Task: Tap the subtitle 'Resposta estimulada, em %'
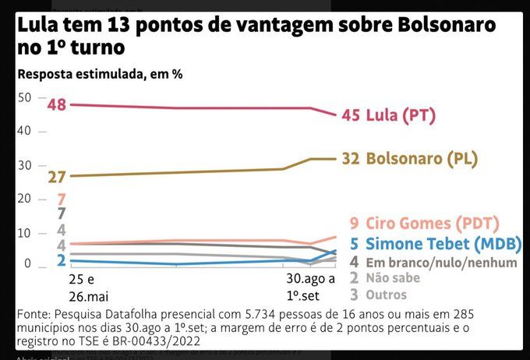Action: [100, 75]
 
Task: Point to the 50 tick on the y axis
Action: [24, 97]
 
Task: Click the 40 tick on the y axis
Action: [24, 131]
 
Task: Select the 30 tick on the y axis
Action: [24, 165]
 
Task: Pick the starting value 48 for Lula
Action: [56, 104]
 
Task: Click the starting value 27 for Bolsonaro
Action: [56, 177]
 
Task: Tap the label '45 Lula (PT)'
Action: [387, 116]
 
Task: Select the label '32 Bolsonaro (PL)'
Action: [409, 159]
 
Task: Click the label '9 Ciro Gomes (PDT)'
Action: [425, 224]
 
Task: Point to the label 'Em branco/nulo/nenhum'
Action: [440, 263]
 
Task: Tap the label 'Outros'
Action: [390, 295]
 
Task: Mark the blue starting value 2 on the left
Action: [61, 261]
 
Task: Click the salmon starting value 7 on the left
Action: [61, 199]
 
